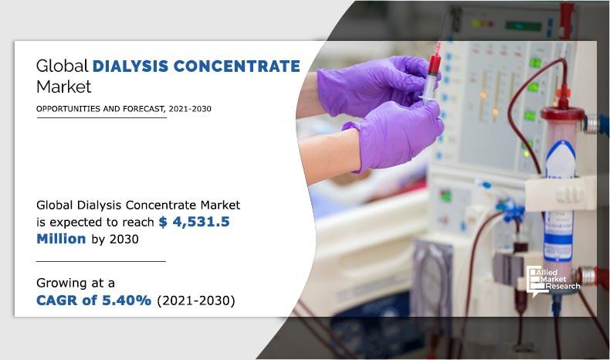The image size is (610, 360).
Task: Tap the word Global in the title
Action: pyautogui.click(x=62, y=66)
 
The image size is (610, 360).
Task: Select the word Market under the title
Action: pyautogui.click(x=63, y=86)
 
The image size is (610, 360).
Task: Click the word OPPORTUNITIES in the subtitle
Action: pyautogui.click(x=68, y=109)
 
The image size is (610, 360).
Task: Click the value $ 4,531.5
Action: pyautogui.click(x=194, y=222)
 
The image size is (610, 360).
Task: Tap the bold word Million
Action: pyautogui.click(x=61, y=239)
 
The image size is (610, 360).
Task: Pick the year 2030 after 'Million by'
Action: pyautogui.click(x=124, y=239)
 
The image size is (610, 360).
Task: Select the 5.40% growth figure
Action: pyautogui.click(x=127, y=300)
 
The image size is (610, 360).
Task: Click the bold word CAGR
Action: pyautogui.click(x=60, y=300)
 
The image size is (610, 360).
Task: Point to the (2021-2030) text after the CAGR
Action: pyautogui.click(x=195, y=300)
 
